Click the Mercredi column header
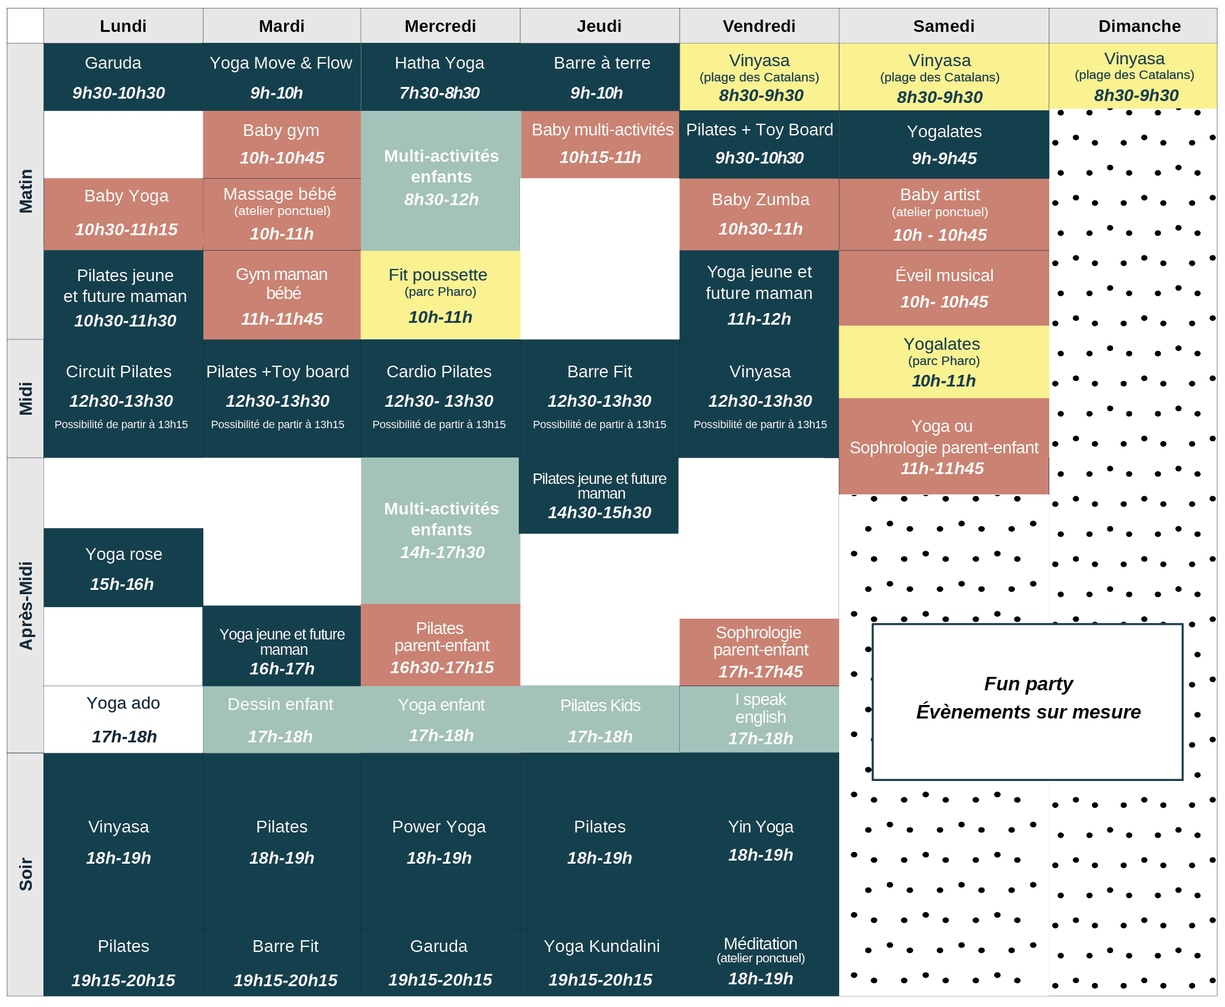click(x=440, y=26)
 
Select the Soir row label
click(x=26, y=873)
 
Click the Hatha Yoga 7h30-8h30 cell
click(x=440, y=77)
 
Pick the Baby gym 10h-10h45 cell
click(x=282, y=145)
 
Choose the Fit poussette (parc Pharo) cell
click(x=440, y=295)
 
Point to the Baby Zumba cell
click(x=759, y=214)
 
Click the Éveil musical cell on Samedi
click(x=943, y=288)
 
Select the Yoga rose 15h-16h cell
click(x=123, y=568)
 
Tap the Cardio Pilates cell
click(x=440, y=398)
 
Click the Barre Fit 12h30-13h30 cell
click(x=599, y=398)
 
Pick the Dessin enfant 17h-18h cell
click(x=281, y=720)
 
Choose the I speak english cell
click(x=759, y=719)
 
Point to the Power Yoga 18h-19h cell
click(x=440, y=842)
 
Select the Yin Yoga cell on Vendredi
click(x=759, y=840)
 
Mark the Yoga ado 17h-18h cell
click(x=123, y=720)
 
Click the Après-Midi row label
click(x=26, y=605)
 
